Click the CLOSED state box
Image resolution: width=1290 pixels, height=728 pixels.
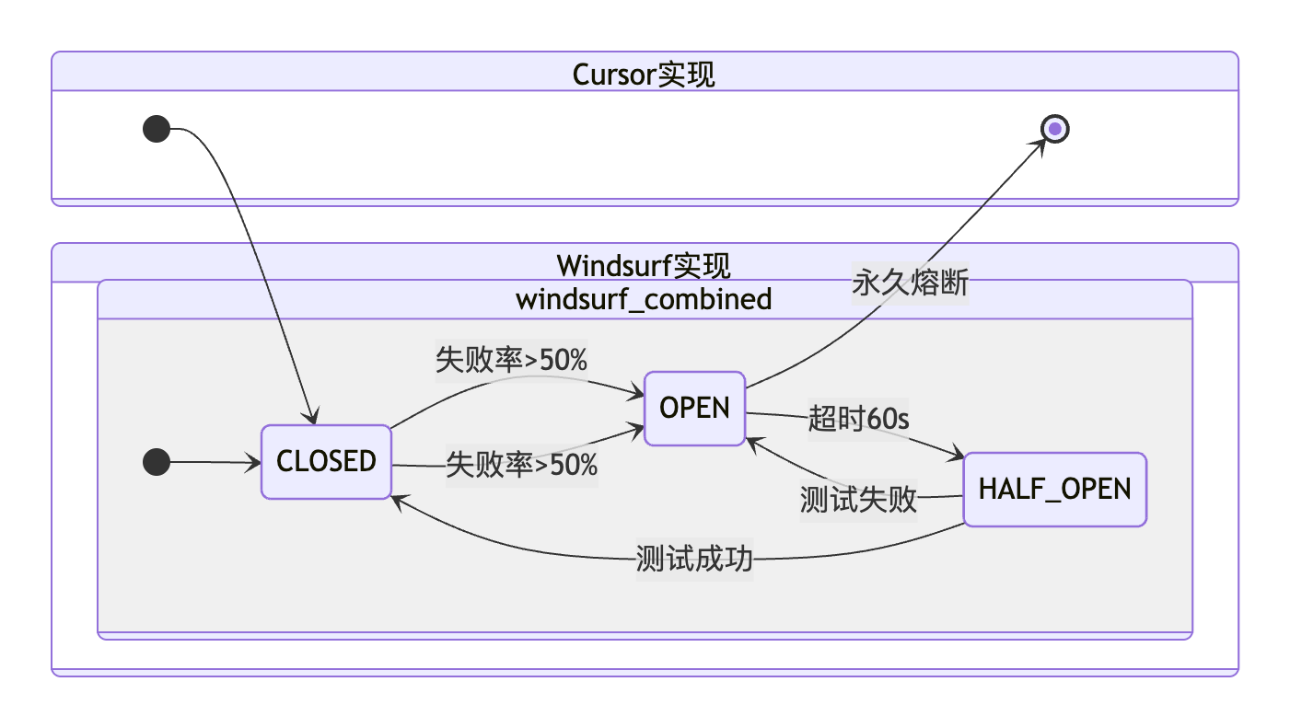[326, 461]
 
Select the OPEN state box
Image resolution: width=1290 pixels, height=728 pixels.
[694, 408]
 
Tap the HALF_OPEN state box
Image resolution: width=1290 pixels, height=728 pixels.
[1054, 489]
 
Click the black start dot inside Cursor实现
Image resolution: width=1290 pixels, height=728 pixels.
[157, 130]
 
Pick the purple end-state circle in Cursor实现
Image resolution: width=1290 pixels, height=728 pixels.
[1054, 130]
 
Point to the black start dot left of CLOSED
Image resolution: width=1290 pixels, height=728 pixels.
[157, 462]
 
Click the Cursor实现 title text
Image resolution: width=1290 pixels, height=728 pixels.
[644, 74]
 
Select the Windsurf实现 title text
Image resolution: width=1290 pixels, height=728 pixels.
[644, 266]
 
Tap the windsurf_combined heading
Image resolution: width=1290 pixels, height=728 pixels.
[644, 299]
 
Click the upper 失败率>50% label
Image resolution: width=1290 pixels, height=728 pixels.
[511, 360]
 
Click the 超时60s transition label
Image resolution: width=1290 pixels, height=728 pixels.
[858, 419]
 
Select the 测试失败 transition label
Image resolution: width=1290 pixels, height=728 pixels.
[858, 499]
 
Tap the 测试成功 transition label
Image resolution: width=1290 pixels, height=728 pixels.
[694, 559]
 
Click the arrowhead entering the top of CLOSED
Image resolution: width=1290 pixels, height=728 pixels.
[312, 417]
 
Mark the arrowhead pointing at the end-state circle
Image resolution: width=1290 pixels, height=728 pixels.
[1040, 145]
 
